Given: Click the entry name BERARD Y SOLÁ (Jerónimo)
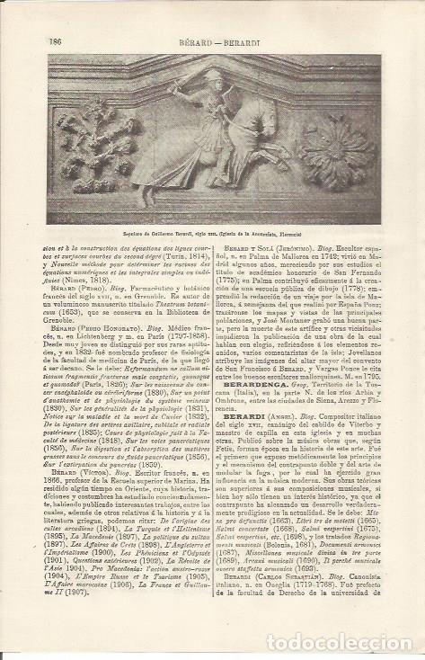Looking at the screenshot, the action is (271, 242).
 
